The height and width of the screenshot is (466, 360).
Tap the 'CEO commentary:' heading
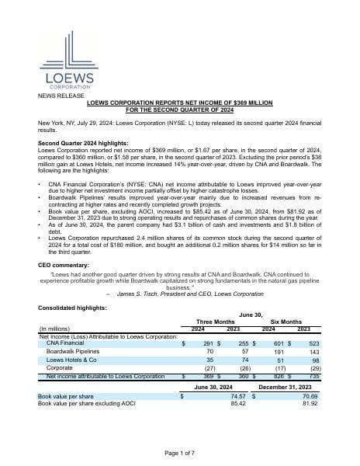point(61,265)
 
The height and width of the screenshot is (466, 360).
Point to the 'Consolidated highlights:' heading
point(71,309)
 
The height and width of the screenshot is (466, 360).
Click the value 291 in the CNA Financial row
point(208,342)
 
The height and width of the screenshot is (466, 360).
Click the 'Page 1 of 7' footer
point(179,452)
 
